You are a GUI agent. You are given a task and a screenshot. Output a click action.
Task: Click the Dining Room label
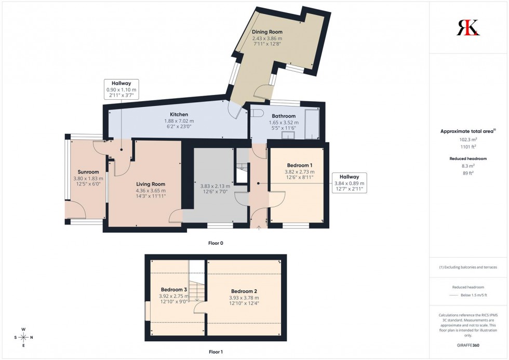[x=267, y=32]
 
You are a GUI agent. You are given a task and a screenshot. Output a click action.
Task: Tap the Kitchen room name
[x=179, y=114]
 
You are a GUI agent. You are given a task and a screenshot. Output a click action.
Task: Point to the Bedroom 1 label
[x=300, y=165]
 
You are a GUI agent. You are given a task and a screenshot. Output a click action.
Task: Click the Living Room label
[x=151, y=184]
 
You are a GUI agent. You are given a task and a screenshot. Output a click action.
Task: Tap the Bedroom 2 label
[x=244, y=291]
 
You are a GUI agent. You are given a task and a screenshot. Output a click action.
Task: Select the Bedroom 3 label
[x=173, y=289]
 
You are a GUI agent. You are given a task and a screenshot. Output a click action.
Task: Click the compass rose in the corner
[x=23, y=337]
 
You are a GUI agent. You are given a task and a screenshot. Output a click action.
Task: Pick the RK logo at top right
[x=468, y=27]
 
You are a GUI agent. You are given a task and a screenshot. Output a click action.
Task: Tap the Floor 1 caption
[x=215, y=352]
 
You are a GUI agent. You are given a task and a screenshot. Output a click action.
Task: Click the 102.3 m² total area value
[x=468, y=140]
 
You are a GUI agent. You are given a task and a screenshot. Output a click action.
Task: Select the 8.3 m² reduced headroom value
[x=468, y=166]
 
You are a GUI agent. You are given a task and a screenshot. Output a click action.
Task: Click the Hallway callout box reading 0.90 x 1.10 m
[x=120, y=89]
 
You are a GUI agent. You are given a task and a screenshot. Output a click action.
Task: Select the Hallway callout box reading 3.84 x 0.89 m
[x=349, y=183]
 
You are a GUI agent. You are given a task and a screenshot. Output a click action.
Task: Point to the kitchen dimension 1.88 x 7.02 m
[x=179, y=121]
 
